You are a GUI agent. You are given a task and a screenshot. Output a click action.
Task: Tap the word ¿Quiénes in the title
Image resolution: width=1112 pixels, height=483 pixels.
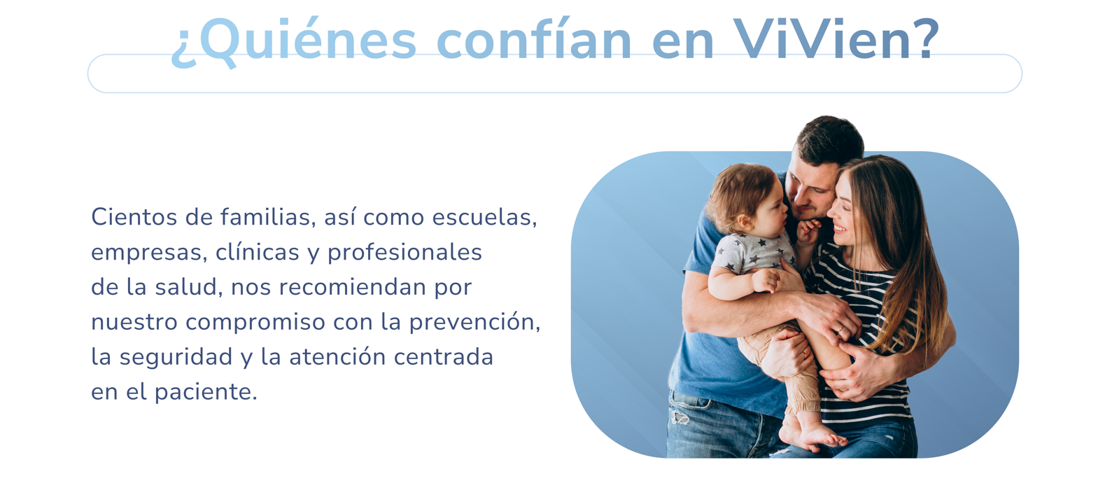pyautogui.click(x=294, y=42)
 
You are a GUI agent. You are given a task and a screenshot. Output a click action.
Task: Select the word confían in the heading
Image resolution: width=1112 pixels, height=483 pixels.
pyautogui.click(x=534, y=38)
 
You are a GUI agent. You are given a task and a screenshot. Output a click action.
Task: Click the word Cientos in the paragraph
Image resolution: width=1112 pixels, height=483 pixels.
pyautogui.click(x=134, y=217)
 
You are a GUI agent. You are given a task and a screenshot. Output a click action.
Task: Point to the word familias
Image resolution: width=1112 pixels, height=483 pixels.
pyautogui.click(x=268, y=217)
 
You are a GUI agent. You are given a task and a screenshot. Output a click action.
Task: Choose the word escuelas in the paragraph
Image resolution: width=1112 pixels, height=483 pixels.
pyautogui.click(x=484, y=217)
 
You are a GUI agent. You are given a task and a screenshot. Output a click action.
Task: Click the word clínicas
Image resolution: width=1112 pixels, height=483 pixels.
pyautogui.click(x=257, y=252)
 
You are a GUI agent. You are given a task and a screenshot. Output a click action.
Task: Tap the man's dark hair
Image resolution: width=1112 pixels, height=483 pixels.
pyautogui.click(x=829, y=141)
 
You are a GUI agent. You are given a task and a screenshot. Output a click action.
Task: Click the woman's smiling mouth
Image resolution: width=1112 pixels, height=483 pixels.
pyautogui.click(x=839, y=229)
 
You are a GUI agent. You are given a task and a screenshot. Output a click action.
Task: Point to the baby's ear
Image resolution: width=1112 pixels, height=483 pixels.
pyautogui.click(x=744, y=220)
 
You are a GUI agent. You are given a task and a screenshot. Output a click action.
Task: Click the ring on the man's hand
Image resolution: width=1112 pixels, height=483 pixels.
pyautogui.click(x=840, y=329)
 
